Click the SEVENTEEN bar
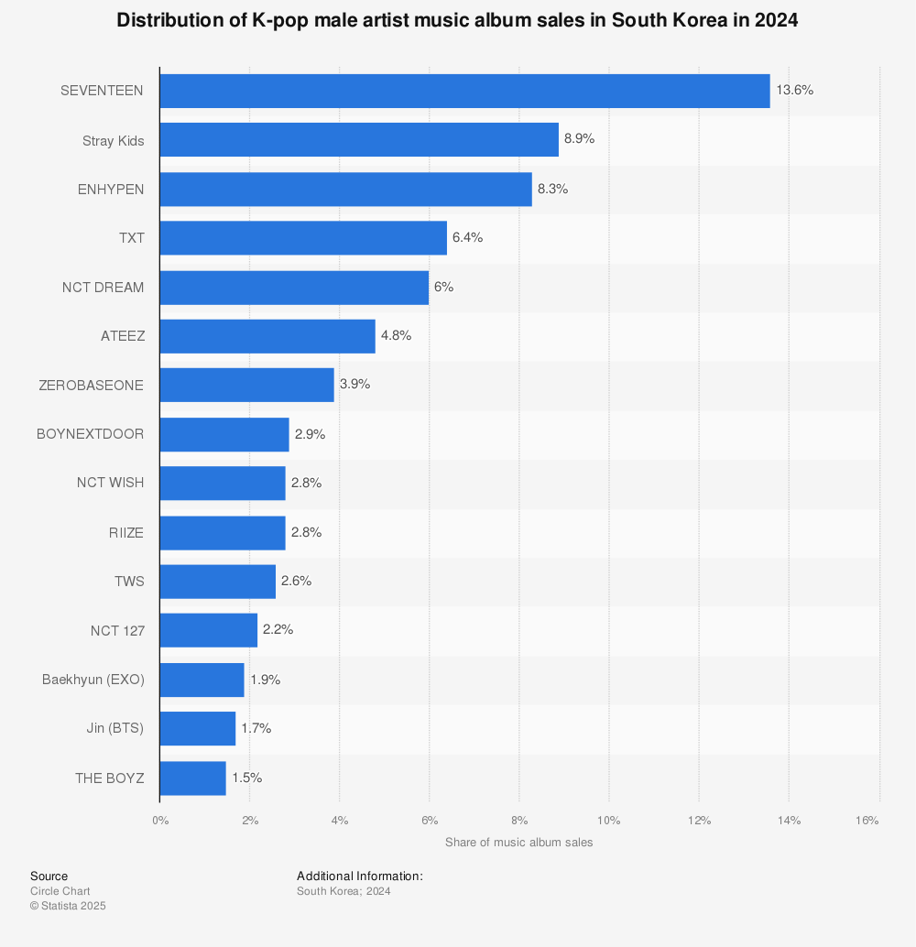coord(464,92)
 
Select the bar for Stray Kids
coord(359,139)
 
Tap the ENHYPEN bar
coord(345,189)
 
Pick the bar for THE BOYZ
coord(192,778)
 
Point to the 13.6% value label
coord(794,91)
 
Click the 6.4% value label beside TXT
coord(468,237)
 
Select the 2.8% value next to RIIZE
coord(306,532)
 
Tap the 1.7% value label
coord(256,728)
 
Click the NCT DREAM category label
coord(104,288)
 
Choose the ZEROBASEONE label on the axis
coord(92,386)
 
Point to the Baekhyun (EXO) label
coord(93,680)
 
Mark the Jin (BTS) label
coord(114,728)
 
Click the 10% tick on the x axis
coord(609,821)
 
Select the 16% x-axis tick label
coord(867,821)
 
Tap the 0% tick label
coord(160,821)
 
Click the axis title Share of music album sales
coord(519,843)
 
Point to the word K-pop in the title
coord(281,20)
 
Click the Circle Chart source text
coord(60,891)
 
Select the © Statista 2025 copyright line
coord(68,906)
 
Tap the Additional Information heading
coord(359,876)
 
